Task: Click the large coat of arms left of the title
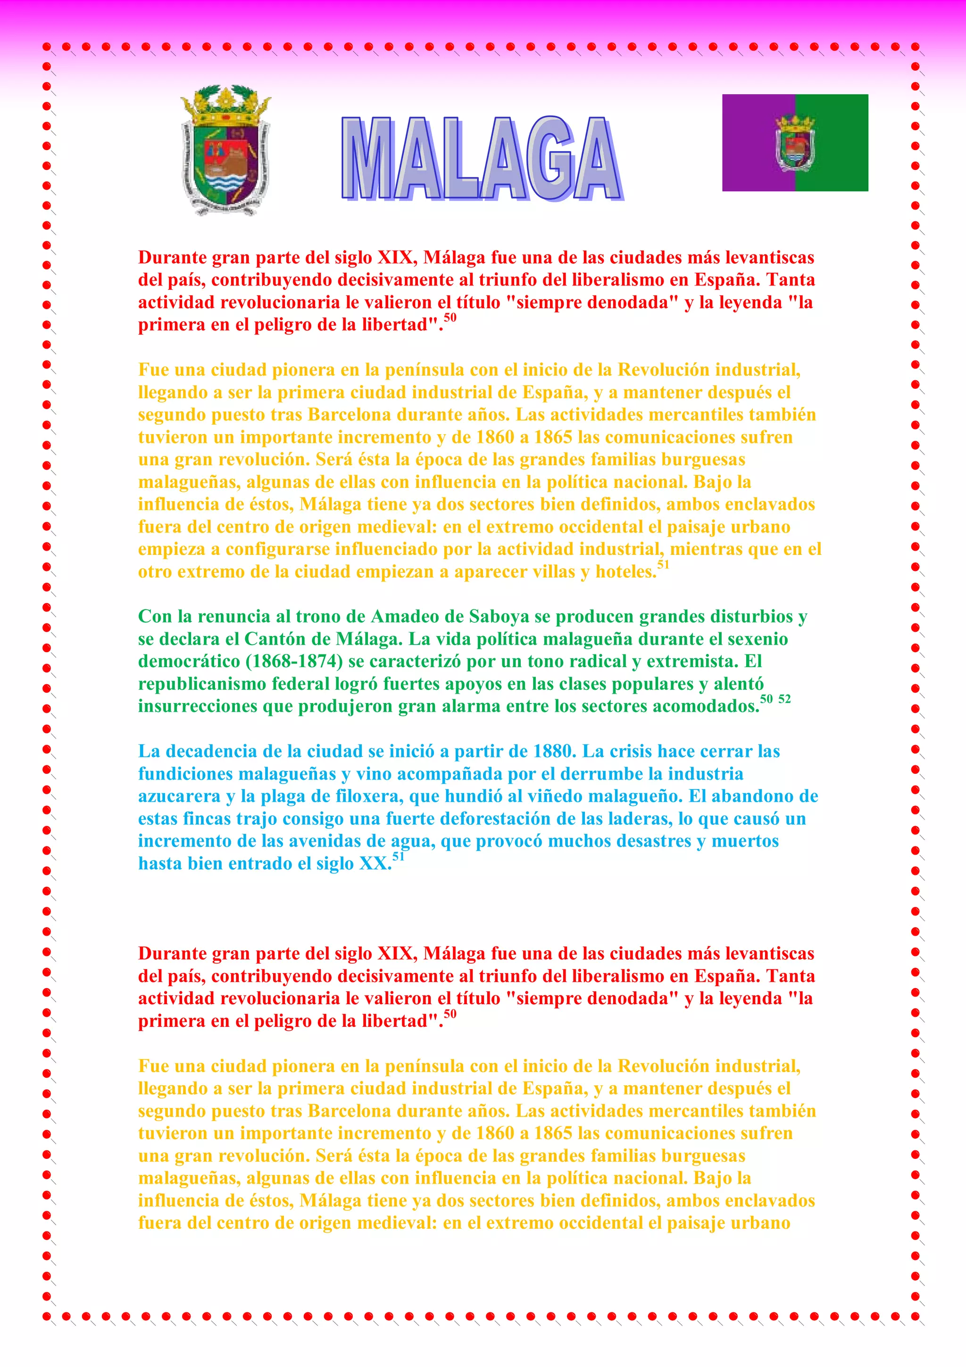pyautogui.click(x=225, y=150)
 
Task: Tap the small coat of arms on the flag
pyautogui.click(x=795, y=143)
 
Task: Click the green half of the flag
pyautogui.click(x=839, y=143)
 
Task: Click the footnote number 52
pyautogui.click(x=784, y=699)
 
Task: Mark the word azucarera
pyautogui.click(x=179, y=797)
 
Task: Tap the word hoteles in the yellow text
pyautogui.click(x=625, y=572)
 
